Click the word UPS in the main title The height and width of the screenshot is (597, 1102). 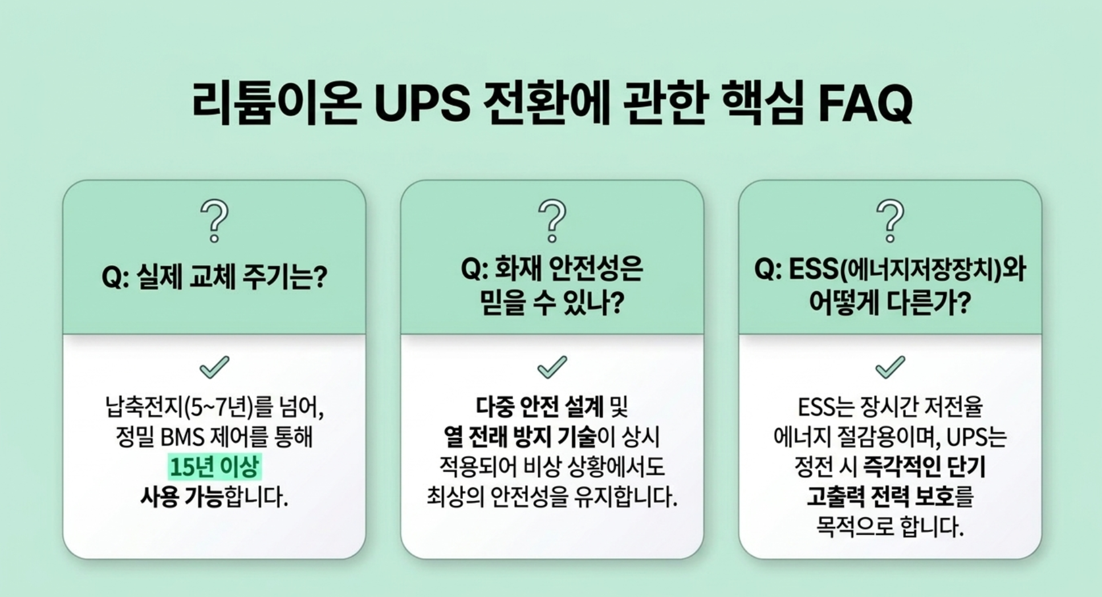(422, 103)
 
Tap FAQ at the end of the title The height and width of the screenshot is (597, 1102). (865, 103)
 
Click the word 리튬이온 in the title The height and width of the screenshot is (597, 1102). (276, 103)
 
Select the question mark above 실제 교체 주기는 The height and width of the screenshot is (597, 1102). (214, 221)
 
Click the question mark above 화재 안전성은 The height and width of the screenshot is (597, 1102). (552, 221)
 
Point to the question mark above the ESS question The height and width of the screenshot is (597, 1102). (890, 221)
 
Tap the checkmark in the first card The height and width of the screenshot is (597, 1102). (214, 367)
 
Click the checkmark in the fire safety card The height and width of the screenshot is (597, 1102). (552, 367)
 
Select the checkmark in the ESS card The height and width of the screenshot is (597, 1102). (890, 367)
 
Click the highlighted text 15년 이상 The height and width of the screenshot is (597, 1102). (214, 467)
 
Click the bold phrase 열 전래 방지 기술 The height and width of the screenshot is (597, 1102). (519, 437)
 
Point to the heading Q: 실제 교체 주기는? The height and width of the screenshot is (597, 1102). (214, 277)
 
